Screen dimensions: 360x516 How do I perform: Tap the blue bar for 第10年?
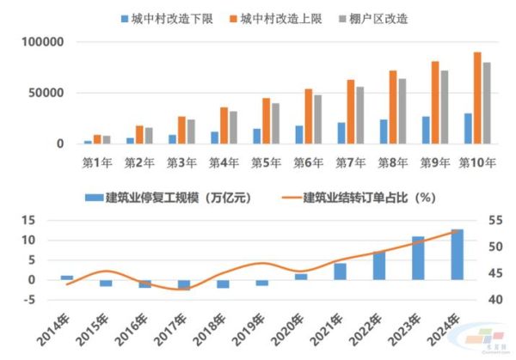coord(468,129)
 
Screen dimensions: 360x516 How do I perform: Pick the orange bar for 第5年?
coord(266,121)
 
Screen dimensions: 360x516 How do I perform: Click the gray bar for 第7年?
coord(360,115)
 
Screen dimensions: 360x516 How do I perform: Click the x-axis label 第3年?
coord(181,161)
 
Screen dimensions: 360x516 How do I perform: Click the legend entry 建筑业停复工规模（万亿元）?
coord(168,197)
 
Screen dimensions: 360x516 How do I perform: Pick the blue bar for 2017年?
coord(183,285)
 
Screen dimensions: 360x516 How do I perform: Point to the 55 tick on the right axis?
coord(494,220)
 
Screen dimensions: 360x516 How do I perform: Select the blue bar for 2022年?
coord(378,265)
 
